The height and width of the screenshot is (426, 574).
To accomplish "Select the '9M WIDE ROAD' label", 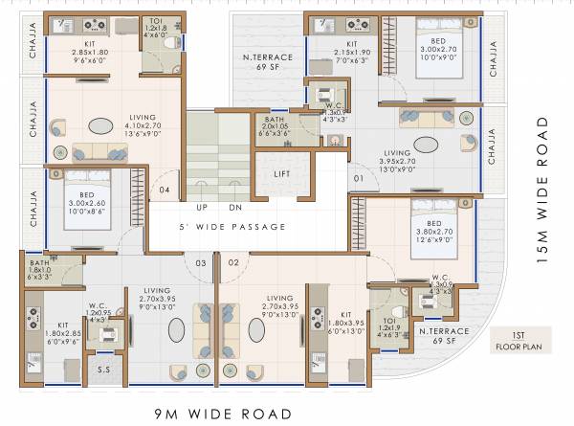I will coord(222,414).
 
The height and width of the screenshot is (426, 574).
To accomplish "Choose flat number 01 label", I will coord(359,179).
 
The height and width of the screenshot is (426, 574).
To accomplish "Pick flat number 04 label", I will coord(165,191).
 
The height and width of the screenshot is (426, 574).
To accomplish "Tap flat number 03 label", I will coord(202,261).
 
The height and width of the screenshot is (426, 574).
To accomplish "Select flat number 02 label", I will coord(232,261).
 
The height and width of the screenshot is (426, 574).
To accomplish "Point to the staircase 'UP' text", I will coord(203,207).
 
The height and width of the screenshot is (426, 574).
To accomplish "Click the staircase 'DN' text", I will coord(235,207).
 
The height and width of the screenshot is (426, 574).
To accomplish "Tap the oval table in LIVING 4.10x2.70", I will coord(99,125).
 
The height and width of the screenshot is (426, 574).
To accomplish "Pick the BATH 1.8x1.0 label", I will coord(40,268).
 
